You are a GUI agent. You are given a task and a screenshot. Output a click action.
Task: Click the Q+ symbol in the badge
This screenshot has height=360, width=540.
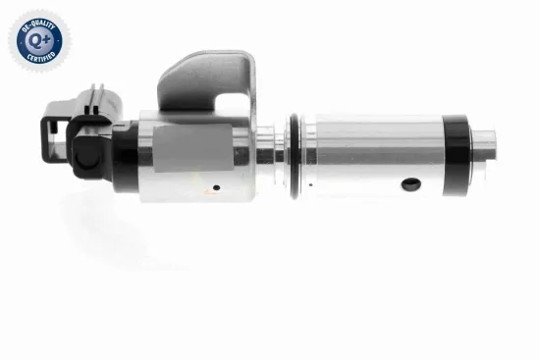click(x=36, y=40)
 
